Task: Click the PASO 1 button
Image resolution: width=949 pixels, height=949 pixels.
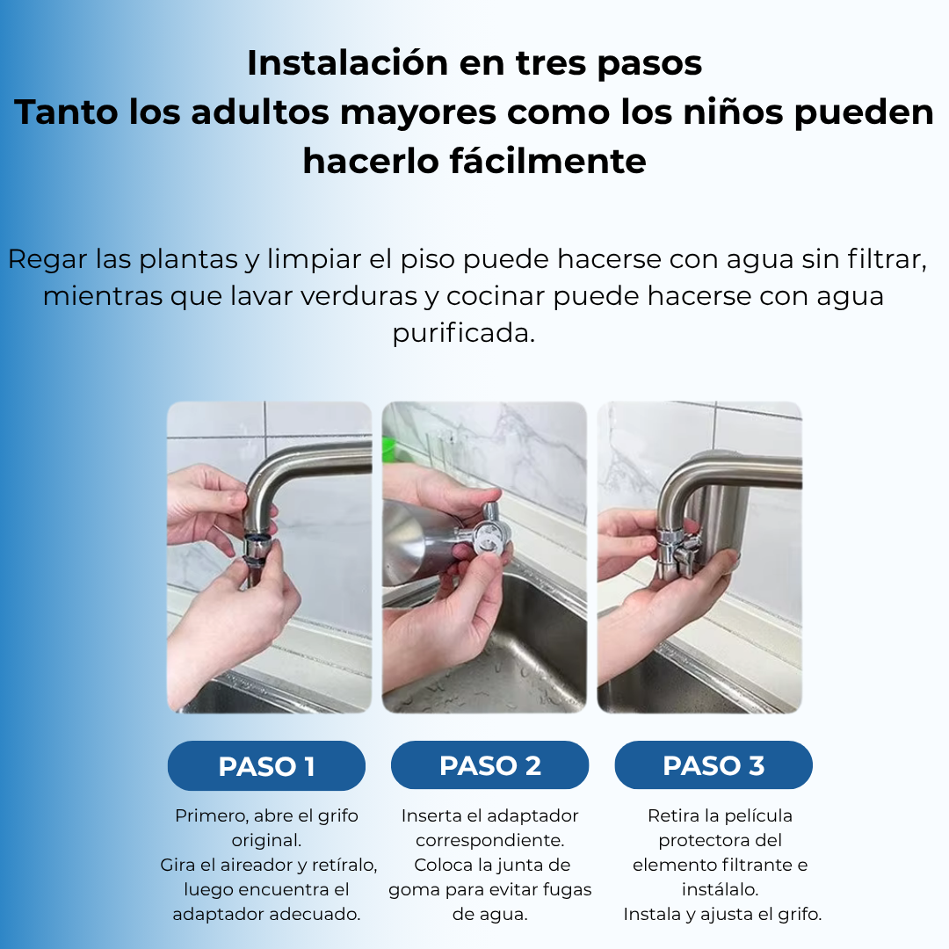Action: point(266,765)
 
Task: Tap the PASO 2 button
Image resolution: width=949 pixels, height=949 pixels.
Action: point(489,765)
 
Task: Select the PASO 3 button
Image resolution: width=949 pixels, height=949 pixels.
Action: point(714,765)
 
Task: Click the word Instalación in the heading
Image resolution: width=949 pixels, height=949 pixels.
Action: point(347,62)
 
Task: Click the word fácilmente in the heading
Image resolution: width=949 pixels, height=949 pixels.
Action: point(547,162)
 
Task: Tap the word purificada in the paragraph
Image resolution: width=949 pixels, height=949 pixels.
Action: point(464,334)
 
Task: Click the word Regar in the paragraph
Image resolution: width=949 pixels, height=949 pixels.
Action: point(47,260)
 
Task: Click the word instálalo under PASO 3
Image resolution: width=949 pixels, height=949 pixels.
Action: point(721,889)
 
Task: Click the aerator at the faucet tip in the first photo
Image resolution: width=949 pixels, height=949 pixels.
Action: point(259,547)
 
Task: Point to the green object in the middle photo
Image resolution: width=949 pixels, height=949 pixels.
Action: point(388,448)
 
